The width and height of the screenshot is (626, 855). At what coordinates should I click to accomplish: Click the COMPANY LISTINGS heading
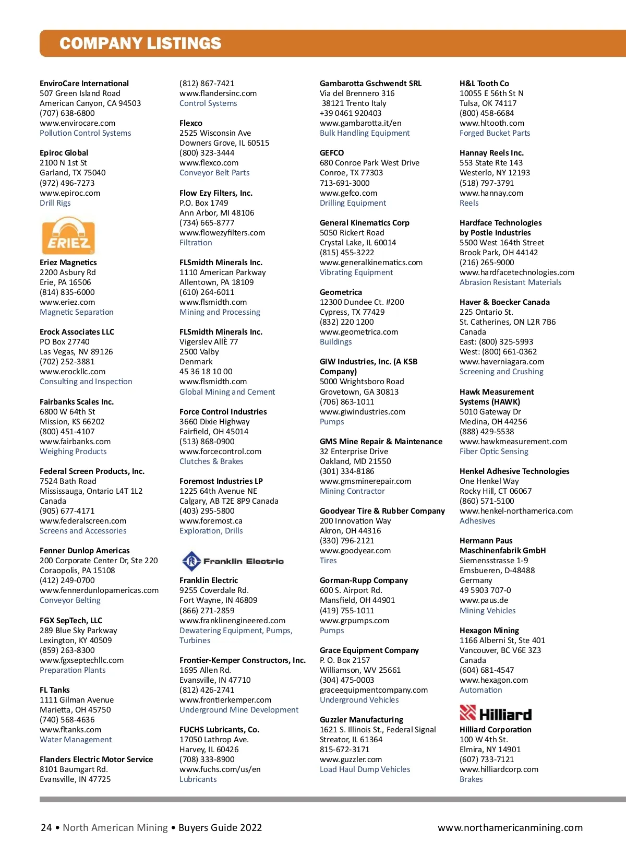140,43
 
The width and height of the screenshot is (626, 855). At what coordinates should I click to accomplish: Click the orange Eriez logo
68,236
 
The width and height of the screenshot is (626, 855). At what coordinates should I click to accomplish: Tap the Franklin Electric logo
233,561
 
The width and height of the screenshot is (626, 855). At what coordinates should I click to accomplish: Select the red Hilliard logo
496,714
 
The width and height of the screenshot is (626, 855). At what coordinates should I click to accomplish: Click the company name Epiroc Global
64,153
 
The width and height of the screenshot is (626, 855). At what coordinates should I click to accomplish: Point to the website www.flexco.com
209,163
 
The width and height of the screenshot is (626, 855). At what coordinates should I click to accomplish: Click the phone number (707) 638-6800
67,113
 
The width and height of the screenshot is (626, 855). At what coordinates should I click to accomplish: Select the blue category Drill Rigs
55,203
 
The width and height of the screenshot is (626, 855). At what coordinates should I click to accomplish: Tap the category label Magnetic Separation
76,312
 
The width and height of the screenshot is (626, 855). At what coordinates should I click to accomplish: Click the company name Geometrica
341,292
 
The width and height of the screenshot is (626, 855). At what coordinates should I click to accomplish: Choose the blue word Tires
328,561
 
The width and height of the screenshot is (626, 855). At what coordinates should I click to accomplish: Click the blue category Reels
469,203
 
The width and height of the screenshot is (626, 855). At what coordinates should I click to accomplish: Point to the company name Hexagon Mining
489,631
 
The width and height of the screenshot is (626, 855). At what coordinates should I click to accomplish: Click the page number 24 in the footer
46,827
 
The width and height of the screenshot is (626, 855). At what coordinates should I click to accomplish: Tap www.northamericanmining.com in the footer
510,827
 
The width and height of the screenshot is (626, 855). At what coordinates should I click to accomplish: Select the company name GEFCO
332,153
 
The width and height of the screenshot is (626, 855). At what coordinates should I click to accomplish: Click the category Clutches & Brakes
211,461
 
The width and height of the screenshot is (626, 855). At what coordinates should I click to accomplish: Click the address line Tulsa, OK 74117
488,103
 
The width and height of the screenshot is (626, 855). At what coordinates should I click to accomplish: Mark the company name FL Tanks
54,690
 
